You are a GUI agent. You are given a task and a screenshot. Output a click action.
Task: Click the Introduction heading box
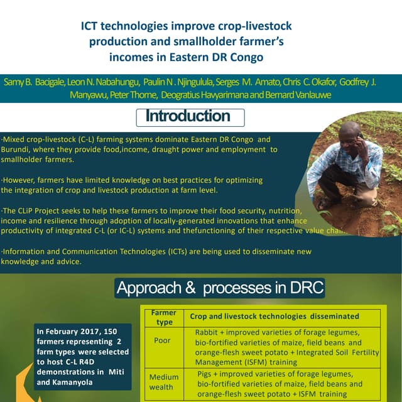pyautogui.click(x=190, y=117)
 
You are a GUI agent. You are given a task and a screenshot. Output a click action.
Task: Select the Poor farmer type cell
pyautogui.click(x=161, y=340)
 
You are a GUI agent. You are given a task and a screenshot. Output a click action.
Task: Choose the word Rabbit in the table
pyautogui.click(x=207, y=331)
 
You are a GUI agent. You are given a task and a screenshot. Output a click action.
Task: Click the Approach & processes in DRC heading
pyautogui.click(x=220, y=288)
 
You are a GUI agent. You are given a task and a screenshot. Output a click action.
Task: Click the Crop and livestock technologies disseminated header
pyautogui.click(x=274, y=316)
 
